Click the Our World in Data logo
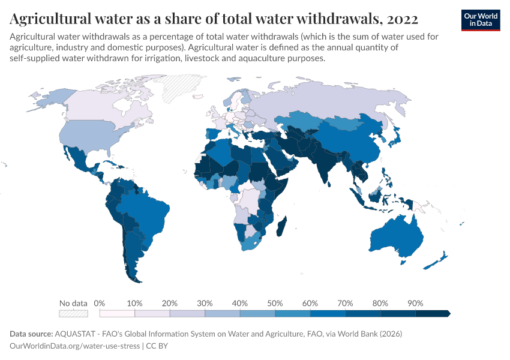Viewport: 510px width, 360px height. (x=480, y=20)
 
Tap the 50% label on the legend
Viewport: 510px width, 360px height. (x=275, y=303)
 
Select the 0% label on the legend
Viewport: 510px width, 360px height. (x=100, y=303)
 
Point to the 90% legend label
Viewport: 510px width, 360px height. (x=415, y=303)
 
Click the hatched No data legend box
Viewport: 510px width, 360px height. (x=73, y=313)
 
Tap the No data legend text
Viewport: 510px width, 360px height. (x=73, y=303)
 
